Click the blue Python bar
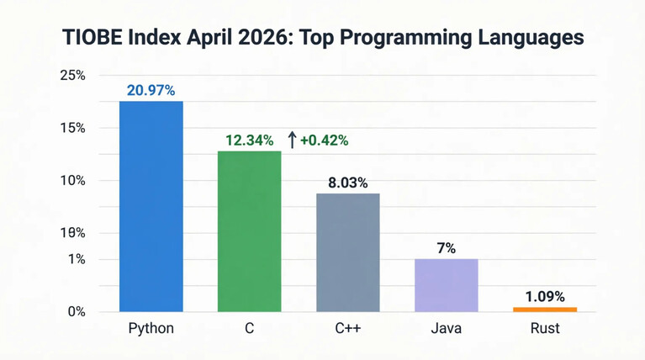151,206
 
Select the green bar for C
250,231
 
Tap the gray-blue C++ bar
348,252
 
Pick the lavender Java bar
447,285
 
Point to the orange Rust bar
545,310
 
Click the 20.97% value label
151,90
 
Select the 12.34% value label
249,140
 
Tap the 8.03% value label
347,183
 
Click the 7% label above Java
447,248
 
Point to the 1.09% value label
545,296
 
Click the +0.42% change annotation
325,140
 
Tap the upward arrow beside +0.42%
292,140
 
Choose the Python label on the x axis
151,328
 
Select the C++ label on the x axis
348,328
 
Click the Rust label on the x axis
545,328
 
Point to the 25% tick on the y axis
73,76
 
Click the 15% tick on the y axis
73,128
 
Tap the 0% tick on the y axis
77,312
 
